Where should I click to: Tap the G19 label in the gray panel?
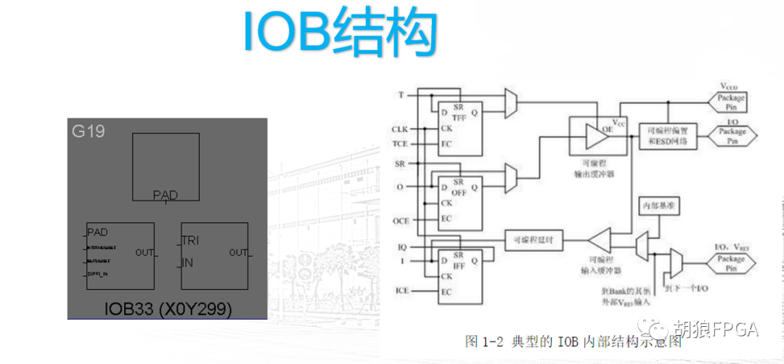88,132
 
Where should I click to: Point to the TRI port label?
190,240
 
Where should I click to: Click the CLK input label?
400,129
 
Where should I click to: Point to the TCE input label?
400,143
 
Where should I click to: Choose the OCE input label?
401,219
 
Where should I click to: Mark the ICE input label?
401,291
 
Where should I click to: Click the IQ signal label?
402,247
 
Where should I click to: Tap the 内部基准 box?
658,206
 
